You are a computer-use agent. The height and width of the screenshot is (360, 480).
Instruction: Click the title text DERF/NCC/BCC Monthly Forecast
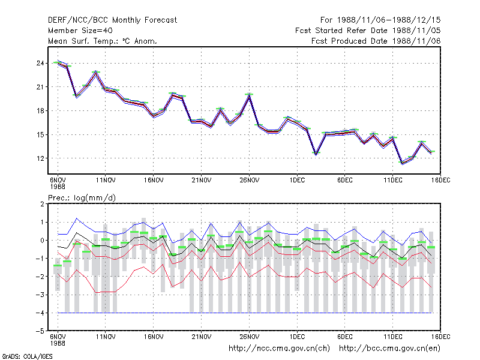click(x=112, y=20)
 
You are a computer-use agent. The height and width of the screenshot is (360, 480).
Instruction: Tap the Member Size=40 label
click(x=80, y=31)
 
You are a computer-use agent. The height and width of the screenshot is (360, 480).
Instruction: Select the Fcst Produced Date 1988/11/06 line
click(x=376, y=41)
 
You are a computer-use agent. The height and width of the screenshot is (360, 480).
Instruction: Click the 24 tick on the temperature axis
click(x=40, y=64)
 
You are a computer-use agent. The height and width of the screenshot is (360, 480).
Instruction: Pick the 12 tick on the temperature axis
click(x=40, y=158)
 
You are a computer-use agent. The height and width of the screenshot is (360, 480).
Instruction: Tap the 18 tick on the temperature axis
click(x=40, y=111)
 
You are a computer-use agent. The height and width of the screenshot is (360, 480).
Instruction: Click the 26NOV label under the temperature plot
click(x=249, y=181)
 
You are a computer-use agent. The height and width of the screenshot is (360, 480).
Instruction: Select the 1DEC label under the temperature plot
click(x=297, y=181)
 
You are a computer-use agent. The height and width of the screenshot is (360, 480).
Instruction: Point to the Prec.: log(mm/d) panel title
click(x=82, y=198)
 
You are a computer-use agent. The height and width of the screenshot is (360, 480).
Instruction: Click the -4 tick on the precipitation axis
click(x=40, y=313)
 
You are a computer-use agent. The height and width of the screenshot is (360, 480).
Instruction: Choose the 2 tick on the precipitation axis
click(x=42, y=204)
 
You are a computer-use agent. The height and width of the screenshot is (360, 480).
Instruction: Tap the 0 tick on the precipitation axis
click(x=42, y=241)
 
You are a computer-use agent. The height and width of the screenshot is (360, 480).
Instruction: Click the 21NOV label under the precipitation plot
click(x=202, y=337)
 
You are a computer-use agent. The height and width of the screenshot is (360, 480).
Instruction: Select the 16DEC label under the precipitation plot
click(x=441, y=337)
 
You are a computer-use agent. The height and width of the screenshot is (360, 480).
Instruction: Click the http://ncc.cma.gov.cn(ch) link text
click(x=279, y=349)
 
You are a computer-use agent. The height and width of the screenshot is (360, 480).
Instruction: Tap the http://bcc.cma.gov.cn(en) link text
click(x=389, y=349)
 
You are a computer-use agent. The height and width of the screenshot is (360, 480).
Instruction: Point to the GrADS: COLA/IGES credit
click(x=27, y=356)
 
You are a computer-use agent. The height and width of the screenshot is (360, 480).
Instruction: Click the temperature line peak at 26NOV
click(x=249, y=95)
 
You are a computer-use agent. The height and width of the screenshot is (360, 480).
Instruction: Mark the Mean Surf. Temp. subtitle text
click(x=102, y=41)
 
